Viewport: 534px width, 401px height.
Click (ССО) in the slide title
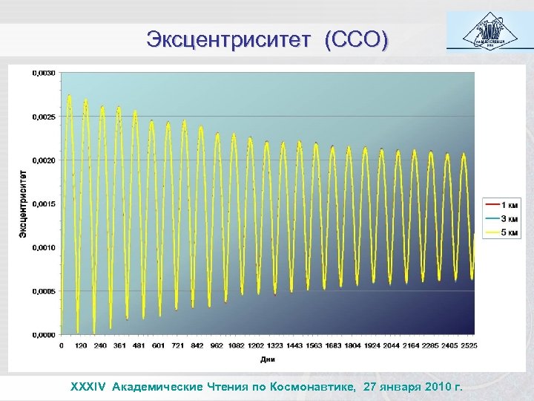355,39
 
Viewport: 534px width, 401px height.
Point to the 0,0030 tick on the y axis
42,73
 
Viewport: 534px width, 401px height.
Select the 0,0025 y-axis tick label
42,117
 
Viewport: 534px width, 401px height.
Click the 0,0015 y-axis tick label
42,203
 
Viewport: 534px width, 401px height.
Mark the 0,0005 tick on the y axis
42,291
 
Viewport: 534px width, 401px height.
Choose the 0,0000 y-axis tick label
42,335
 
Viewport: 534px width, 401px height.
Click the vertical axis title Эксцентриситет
23,203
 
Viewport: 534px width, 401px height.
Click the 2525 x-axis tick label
468,346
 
